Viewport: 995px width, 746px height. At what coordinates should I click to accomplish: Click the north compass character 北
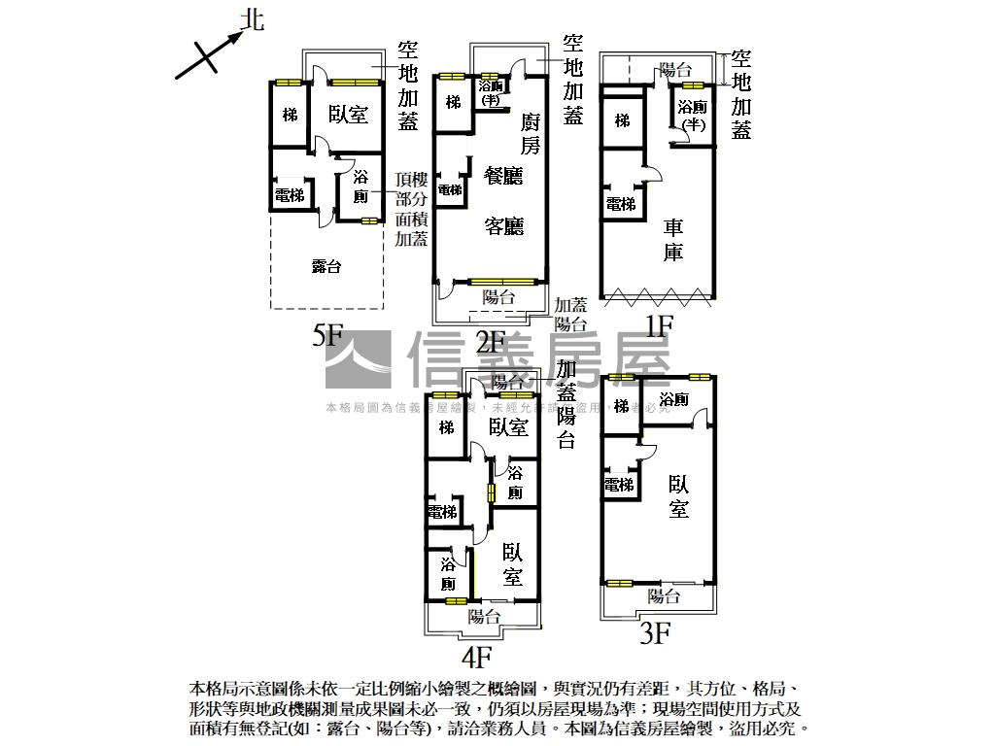pos(252,19)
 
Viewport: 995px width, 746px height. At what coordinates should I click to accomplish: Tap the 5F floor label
pos(328,336)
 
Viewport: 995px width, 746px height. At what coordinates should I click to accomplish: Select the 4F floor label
pos(476,658)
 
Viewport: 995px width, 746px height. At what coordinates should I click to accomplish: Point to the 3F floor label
pos(656,634)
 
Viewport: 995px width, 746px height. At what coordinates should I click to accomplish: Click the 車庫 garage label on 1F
pos(673,240)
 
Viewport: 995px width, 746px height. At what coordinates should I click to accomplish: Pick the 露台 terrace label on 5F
pos(326,266)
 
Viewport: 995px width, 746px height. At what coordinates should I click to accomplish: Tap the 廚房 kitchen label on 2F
pos(530,133)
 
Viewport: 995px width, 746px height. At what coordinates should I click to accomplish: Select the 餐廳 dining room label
pos(503,176)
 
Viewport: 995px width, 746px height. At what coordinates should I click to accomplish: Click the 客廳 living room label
pos(503,226)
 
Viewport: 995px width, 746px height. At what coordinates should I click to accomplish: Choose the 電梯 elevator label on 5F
pos(289,195)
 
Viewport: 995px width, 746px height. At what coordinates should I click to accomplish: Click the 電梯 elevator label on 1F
pos(621,204)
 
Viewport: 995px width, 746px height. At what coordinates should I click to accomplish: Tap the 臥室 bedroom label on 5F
pos(348,115)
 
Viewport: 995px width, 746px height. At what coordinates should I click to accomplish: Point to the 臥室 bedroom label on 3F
pos(678,495)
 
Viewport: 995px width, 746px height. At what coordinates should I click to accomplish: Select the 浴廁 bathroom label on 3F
pos(674,400)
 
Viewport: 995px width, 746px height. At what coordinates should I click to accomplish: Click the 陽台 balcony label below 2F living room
pos(498,297)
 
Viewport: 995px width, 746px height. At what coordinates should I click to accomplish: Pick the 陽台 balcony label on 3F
pos(664,595)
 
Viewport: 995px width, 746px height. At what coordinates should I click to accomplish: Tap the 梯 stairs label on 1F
pos(622,120)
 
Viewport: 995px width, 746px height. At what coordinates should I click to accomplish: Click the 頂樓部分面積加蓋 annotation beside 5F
pos(413,209)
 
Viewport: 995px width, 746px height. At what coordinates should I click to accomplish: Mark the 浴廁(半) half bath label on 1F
pos(692,116)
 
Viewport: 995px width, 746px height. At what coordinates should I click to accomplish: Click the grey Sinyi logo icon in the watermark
pos(358,360)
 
